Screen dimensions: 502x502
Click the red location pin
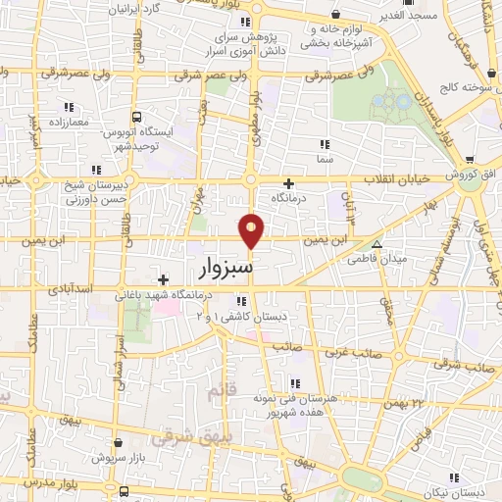click(252, 230)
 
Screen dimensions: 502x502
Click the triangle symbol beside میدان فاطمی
click(376, 244)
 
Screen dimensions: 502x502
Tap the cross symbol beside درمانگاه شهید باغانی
click(163, 279)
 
